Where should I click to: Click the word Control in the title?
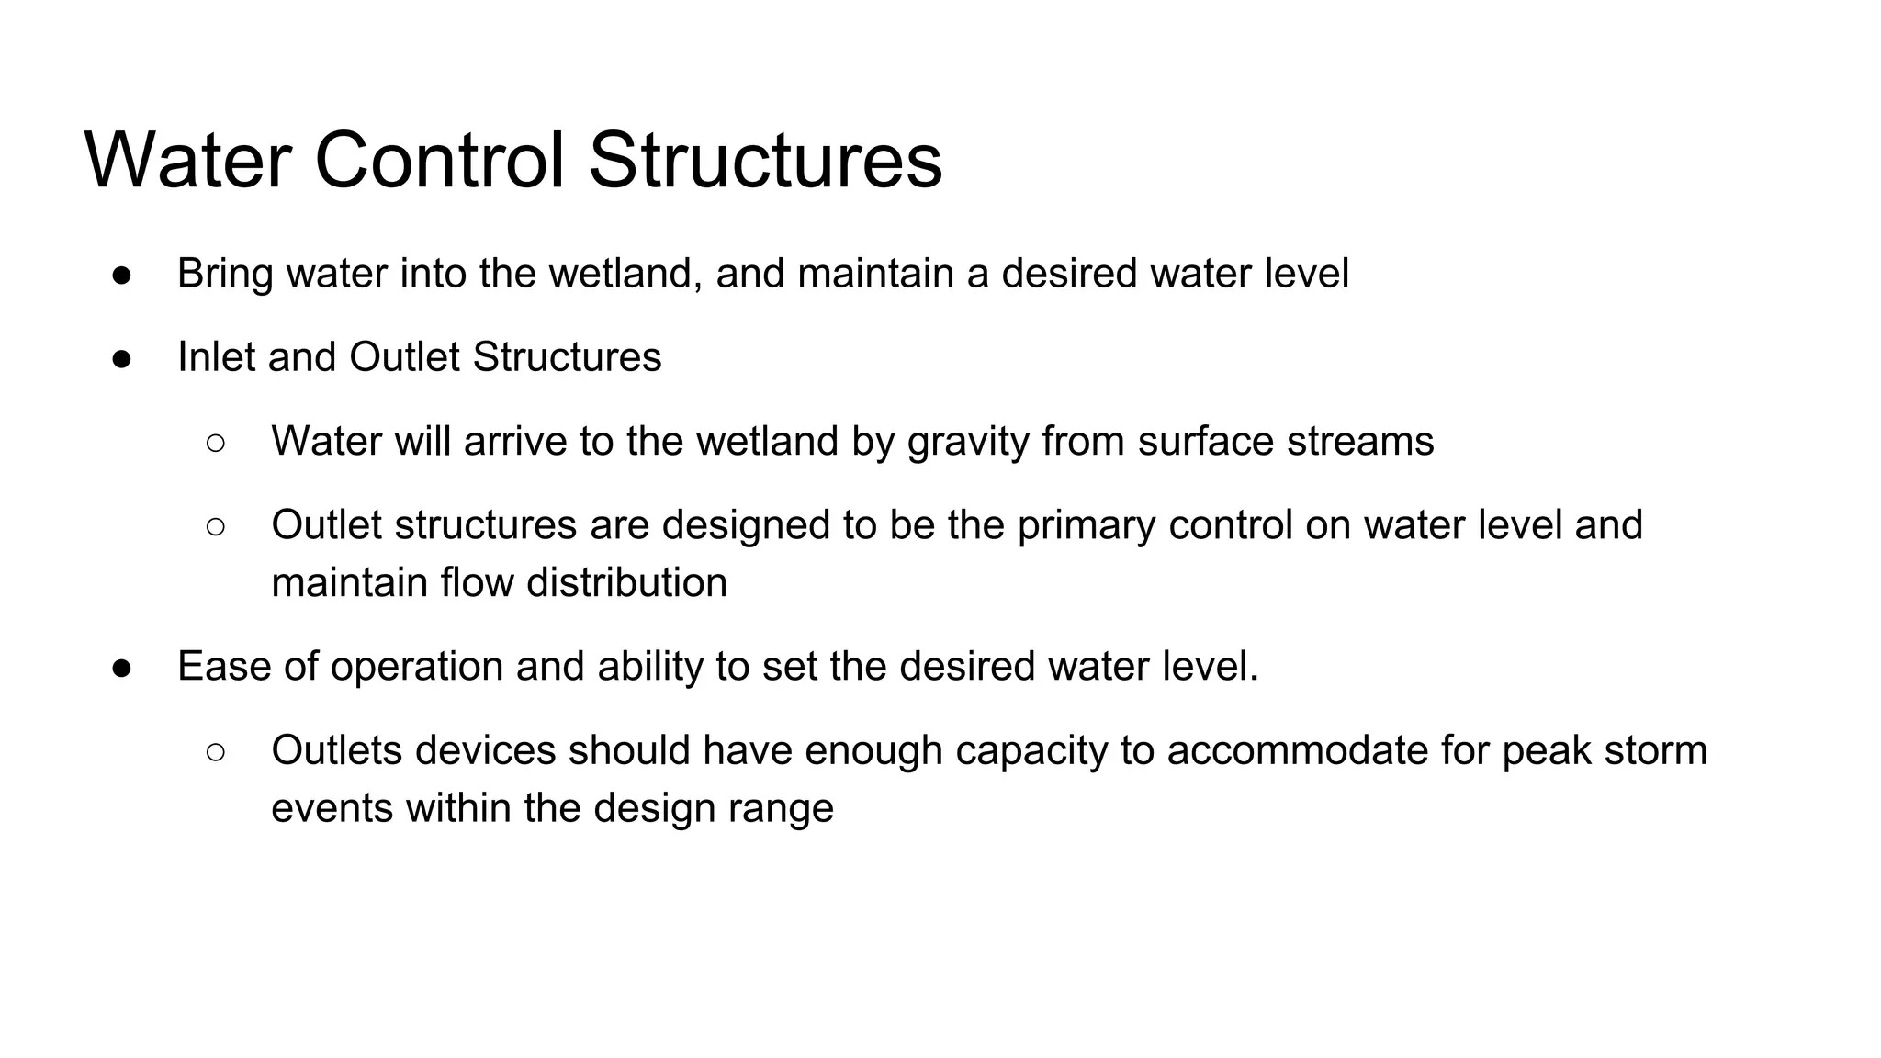point(439,161)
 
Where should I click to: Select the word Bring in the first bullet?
point(225,274)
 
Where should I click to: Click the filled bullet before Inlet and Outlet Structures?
point(122,358)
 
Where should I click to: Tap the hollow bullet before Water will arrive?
point(216,443)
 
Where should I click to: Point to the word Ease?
point(224,667)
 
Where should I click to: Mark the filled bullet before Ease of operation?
point(122,668)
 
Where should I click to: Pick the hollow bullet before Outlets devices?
point(216,752)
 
